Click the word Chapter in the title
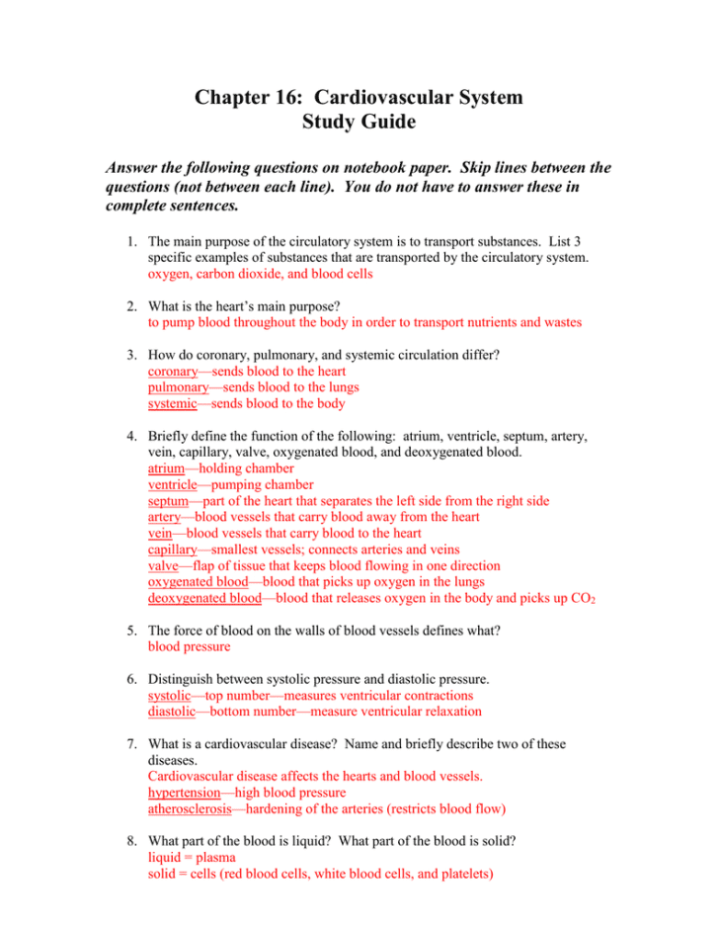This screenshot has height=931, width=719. tap(234, 98)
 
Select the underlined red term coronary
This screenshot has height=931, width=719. tap(172, 371)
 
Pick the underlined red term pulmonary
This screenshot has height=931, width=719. tap(178, 387)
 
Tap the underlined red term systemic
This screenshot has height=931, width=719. tap(174, 403)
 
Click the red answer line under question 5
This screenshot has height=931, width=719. tap(189, 647)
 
